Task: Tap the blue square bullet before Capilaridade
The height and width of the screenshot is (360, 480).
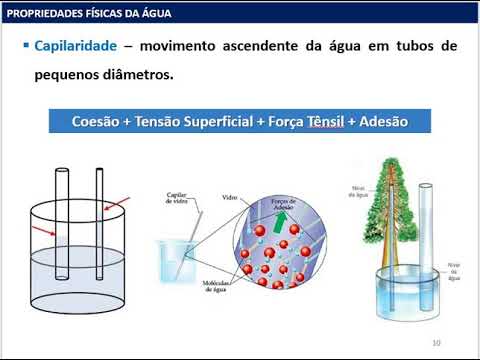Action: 25,47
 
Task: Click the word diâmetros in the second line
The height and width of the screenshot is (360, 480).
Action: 143,74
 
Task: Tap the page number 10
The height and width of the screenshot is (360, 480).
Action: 436,343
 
